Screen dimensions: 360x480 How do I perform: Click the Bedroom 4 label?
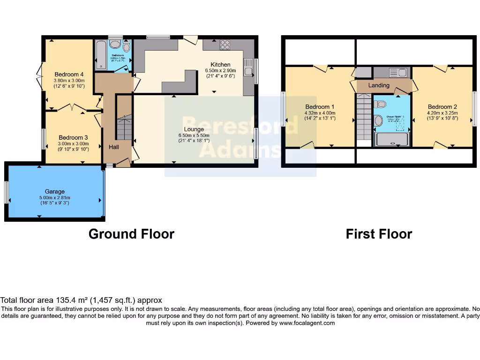coord(69,74)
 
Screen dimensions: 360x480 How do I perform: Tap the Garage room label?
coord(55,191)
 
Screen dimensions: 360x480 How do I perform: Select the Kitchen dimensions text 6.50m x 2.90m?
coord(221,71)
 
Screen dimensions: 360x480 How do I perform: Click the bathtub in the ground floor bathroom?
coord(100,54)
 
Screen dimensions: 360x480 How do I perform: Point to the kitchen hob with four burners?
coord(225,45)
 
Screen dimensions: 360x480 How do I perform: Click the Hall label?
coord(114,147)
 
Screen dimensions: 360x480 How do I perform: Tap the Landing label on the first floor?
coord(379,85)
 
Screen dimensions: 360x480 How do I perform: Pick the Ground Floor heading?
coord(131,234)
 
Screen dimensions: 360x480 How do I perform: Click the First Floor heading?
coord(379,234)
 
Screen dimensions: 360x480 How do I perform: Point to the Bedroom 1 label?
coord(320,107)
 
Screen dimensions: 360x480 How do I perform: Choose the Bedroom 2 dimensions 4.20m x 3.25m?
coord(442,112)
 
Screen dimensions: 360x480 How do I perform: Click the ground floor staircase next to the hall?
coord(124,124)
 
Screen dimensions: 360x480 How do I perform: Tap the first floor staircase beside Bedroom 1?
coord(364,116)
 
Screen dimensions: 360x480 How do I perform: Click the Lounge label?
coord(194,129)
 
